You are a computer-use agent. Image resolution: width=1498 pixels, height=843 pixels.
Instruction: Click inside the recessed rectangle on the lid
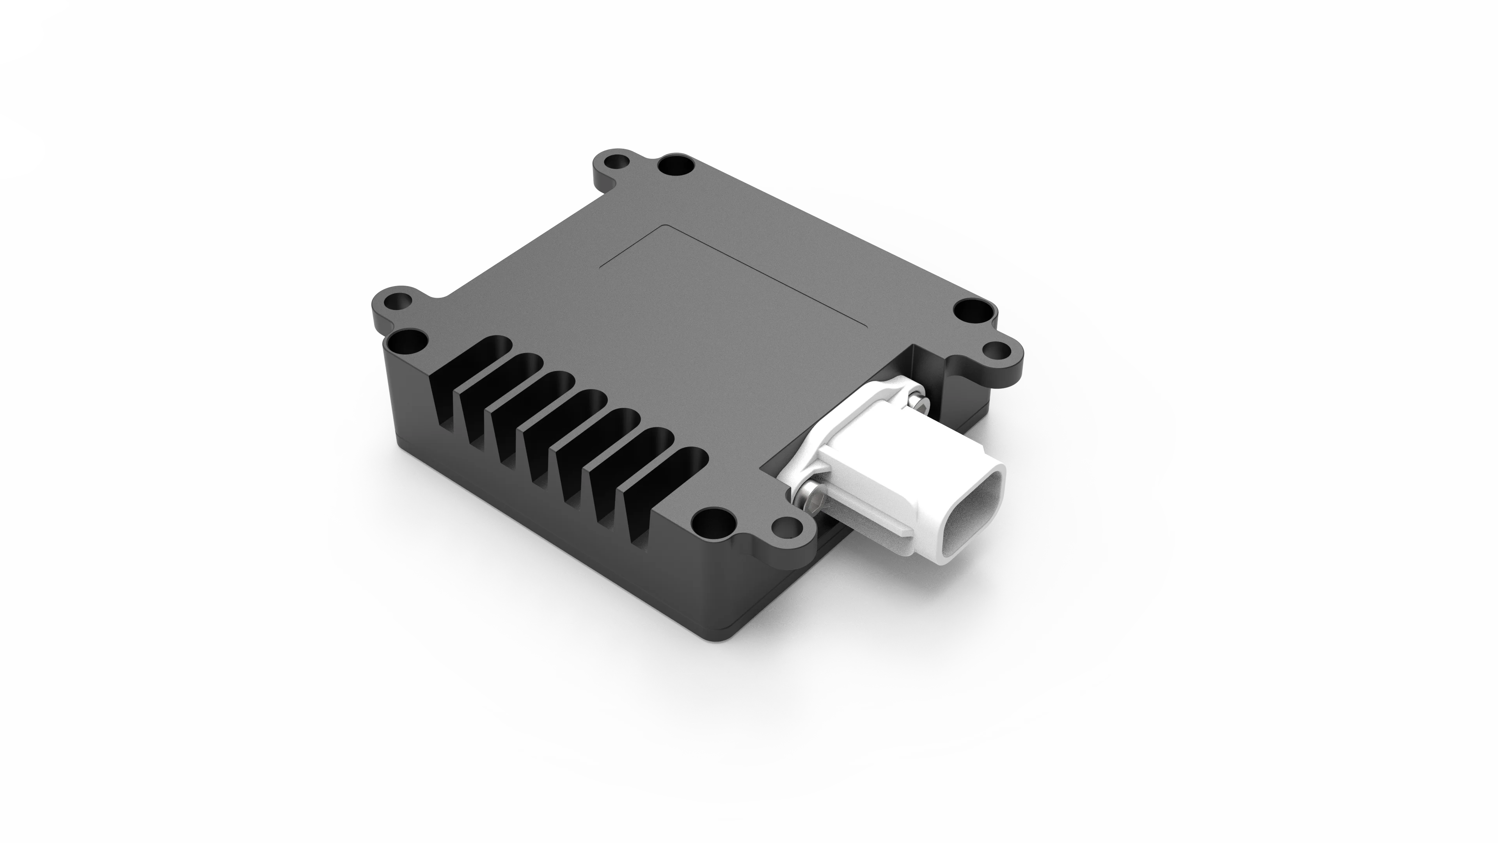(x=733, y=279)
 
